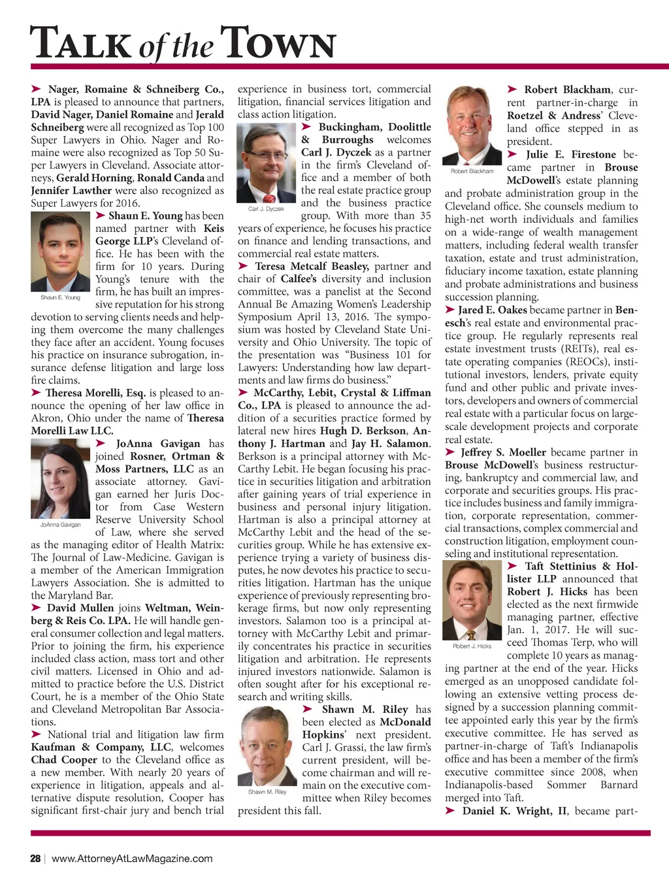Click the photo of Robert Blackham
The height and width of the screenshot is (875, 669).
[x=472, y=125]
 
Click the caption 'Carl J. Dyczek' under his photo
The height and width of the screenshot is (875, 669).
[x=266, y=209]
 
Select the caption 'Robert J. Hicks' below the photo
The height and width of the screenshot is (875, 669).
[x=472, y=646]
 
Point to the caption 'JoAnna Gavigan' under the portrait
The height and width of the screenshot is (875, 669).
[x=60, y=525]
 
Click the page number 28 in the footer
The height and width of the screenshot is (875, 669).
[x=35, y=858]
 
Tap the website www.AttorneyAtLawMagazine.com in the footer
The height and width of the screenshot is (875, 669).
[x=132, y=858]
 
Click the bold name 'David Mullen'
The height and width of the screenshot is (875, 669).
[x=80, y=608]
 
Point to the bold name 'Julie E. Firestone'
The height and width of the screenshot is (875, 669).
[x=570, y=155]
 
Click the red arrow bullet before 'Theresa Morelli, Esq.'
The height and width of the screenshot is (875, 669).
[x=37, y=393]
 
